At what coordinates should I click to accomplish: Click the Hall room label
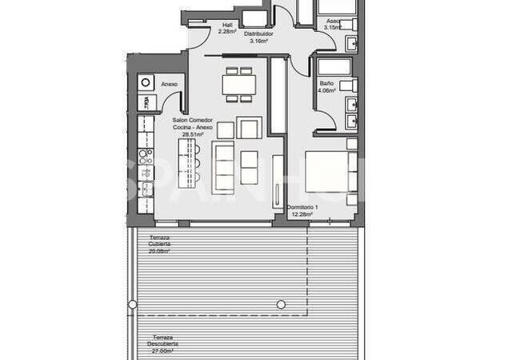tap(226, 28)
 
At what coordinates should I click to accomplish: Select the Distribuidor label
tap(259, 38)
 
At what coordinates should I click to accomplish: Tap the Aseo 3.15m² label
tap(332, 24)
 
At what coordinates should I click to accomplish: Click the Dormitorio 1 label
tap(303, 211)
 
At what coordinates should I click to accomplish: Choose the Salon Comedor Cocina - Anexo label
tap(190, 126)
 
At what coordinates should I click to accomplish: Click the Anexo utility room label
tap(170, 84)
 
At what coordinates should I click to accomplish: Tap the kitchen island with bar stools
tap(186, 166)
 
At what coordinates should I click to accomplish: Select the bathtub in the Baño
tap(333, 66)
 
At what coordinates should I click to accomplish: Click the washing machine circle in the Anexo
tap(146, 82)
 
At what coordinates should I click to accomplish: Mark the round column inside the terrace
tap(280, 304)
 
